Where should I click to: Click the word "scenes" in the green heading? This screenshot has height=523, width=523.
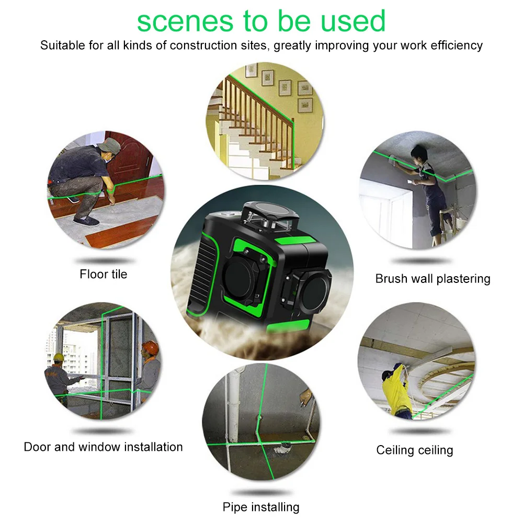coord(185,21)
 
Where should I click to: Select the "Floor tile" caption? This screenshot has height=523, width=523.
coord(104,274)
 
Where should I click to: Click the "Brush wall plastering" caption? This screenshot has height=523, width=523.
coord(433,279)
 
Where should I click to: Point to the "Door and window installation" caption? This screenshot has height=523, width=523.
coord(103,447)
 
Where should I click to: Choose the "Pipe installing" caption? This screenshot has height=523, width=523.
coord(261,507)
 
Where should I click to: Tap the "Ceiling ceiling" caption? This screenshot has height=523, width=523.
coord(415,450)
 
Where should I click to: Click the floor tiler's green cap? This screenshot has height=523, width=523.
coord(109,145)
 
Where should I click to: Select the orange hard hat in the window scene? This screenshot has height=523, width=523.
coord(151,348)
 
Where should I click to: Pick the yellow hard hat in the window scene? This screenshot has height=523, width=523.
coord(59,357)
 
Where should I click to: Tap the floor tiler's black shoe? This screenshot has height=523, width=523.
coord(86,221)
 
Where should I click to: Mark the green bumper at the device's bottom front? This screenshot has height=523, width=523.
coord(288,325)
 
